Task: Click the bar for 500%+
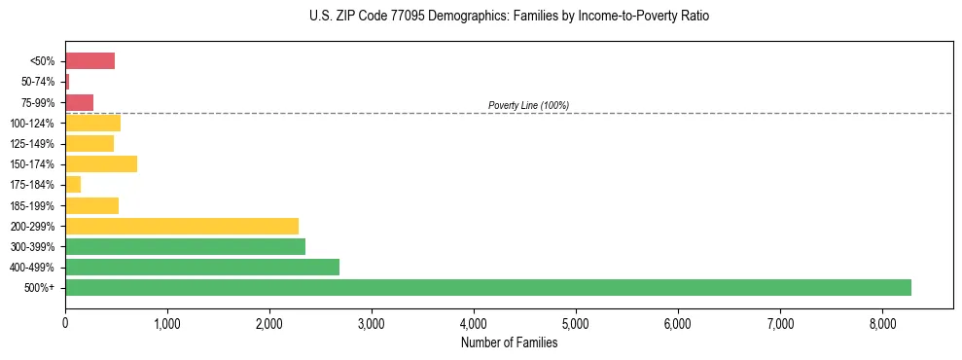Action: (x=488, y=287)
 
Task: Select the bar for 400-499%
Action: (x=202, y=267)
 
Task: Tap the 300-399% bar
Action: (x=185, y=246)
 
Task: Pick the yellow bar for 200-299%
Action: (x=182, y=226)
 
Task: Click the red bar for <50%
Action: (x=89, y=61)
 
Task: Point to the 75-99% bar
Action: (x=79, y=102)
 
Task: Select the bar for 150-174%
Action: (x=101, y=163)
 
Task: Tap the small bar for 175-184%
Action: (x=73, y=184)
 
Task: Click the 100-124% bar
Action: (x=92, y=123)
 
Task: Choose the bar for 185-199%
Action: (x=91, y=205)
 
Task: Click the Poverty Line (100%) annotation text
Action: (x=528, y=105)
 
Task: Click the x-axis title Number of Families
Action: (x=509, y=342)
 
